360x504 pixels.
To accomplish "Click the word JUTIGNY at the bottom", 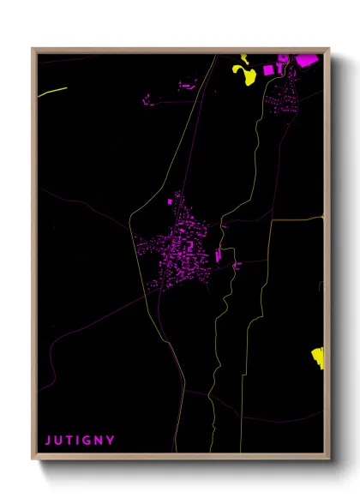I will click(x=80, y=441).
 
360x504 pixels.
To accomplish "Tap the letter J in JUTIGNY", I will click(x=48, y=441).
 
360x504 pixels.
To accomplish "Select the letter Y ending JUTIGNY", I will click(x=111, y=441).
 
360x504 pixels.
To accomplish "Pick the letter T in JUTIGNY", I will click(x=69, y=441).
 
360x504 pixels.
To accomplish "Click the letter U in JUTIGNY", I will click(x=58, y=441).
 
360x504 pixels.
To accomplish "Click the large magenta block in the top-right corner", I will click(x=306, y=60).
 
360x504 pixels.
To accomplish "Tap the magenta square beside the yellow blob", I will click(x=268, y=69).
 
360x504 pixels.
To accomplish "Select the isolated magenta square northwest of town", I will click(x=170, y=201).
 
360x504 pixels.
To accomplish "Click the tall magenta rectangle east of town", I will click(x=218, y=255).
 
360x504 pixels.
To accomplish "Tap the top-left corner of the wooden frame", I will click(x=33, y=49).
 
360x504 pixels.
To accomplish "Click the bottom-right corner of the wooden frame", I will click(x=328, y=459).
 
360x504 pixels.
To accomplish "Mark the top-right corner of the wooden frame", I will click(x=328, y=49).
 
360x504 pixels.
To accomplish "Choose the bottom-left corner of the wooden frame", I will click(x=33, y=459).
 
